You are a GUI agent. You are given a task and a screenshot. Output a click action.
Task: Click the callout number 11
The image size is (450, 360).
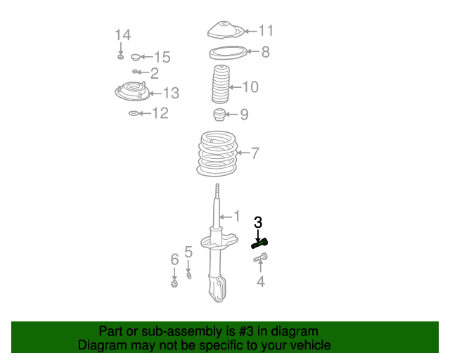pos(265,30)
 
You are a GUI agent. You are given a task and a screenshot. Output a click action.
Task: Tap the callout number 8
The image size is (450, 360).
pos(265,51)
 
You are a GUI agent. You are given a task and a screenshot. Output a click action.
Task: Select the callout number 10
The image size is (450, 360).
pos(250,87)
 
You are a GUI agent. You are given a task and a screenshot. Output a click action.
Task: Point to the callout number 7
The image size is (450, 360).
pos(255,153)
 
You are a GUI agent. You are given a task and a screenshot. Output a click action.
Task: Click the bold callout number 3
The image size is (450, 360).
pos(258,222)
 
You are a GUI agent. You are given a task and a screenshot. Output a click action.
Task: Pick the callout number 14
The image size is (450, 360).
pos(123,34)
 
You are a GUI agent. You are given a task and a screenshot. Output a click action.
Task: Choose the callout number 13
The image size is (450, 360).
pos(171,93)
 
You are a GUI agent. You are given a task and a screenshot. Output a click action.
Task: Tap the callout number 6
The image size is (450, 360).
pos(174,260)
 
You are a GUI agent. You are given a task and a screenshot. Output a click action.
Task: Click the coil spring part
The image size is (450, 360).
pos(216,153)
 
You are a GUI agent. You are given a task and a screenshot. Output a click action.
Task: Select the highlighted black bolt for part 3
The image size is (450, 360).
pos(259,243)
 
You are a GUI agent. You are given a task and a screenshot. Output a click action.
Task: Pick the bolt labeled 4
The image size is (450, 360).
pos(259,260)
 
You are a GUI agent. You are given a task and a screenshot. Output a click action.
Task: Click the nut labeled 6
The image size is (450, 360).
pos(174,283)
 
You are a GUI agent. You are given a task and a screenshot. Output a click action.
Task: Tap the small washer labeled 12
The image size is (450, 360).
pos(134,112)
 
